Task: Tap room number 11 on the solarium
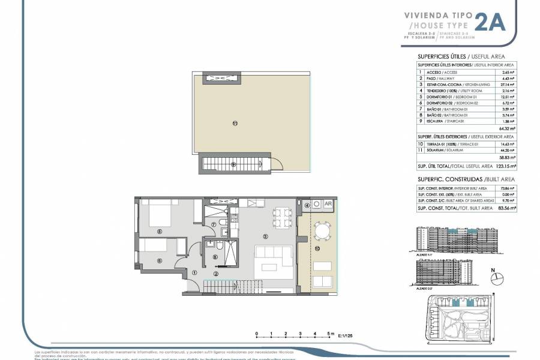tap(235, 124)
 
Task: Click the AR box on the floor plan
tap(328, 204)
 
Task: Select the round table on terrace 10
tap(322, 230)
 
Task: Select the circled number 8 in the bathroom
tap(216, 257)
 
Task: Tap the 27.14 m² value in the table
tap(508, 85)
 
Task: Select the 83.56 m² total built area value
tap(508, 208)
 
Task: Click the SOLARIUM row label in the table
tap(443, 151)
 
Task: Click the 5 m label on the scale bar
tap(329, 334)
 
